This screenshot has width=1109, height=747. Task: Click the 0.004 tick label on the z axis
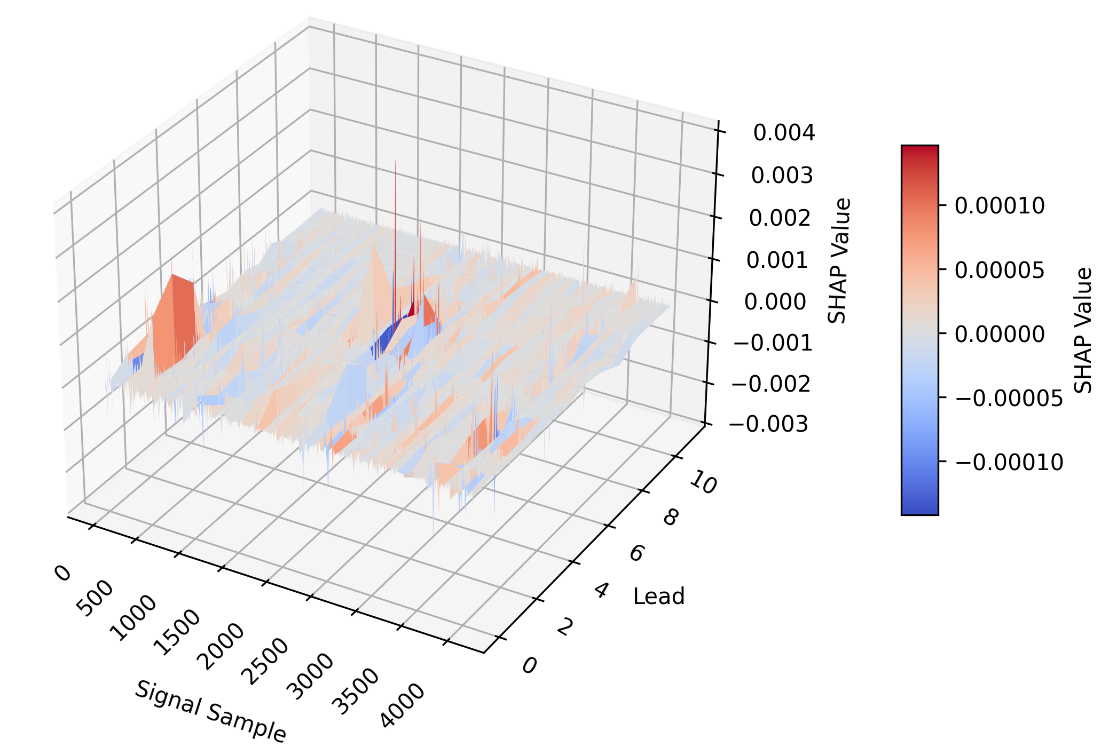click(x=784, y=133)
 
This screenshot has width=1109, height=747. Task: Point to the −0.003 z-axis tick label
click(x=768, y=425)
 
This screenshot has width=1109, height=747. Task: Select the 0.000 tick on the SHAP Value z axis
click(x=775, y=302)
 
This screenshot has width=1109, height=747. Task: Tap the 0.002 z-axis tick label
click(x=780, y=218)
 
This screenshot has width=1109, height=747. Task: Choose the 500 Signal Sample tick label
click(x=95, y=598)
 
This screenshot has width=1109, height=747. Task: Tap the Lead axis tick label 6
click(x=637, y=553)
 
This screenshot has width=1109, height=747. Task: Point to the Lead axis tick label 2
click(x=565, y=627)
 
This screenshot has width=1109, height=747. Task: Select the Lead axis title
click(x=658, y=597)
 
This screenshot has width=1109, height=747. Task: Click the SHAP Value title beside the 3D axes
click(x=837, y=261)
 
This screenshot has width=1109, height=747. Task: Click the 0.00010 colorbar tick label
click(x=999, y=206)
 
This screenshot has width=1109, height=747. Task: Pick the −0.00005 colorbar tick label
click(x=1009, y=399)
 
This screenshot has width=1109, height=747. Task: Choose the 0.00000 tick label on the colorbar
click(x=999, y=335)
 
